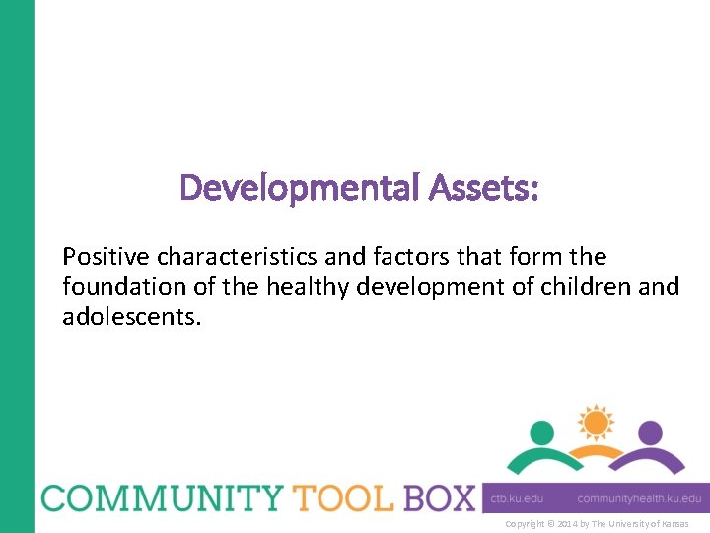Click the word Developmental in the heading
(300, 188)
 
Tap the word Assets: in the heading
(484, 188)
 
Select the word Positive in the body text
(102, 258)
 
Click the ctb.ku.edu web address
(518, 498)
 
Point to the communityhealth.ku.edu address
(639, 498)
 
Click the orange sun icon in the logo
(596, 422)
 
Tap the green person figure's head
(542, 433)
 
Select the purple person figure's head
(649, 433)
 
